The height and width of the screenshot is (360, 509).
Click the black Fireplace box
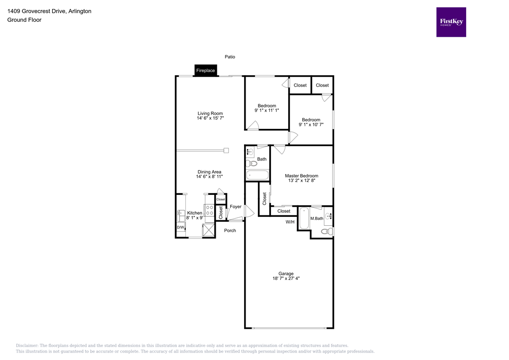coord(205,71)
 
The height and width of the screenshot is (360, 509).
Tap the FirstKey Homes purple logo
coord(451,22)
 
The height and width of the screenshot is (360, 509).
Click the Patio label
coord(230,57)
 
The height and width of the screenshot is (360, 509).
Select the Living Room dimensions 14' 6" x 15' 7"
coord(210,118)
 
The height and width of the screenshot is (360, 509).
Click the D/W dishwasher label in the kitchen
coord(180,228)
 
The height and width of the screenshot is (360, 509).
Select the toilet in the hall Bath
coord(251,163)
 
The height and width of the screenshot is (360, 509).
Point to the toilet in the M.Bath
coord(327,231)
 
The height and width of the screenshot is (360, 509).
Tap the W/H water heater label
coord(290,222)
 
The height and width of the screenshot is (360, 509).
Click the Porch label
coord(230,231)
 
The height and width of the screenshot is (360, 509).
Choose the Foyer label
coord(235,206)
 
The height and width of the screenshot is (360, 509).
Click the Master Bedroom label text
coord(301,176)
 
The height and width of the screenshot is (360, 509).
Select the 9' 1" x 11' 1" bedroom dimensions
coord(266,110)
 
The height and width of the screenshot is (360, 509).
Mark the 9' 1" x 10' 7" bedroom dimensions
coord(311,125)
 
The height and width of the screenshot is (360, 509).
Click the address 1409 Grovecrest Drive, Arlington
coord(42,11)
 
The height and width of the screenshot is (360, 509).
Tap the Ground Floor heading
coord(24,20)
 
